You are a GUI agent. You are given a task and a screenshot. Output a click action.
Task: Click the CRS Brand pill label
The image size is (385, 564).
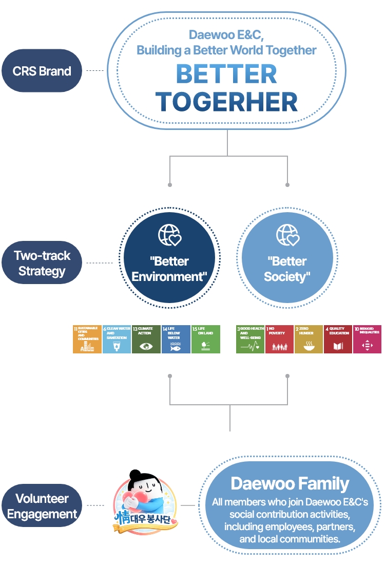pyautogui.click(x=42, y=71)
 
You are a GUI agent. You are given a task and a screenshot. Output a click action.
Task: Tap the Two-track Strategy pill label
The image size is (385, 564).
pyautogui.click(x=42, y=263)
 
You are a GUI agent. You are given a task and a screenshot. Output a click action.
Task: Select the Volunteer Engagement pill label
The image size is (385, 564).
pyautogui.click(x=42, y=506)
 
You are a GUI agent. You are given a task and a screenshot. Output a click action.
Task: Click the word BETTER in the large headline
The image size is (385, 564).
pyautogui.click(x=226, y=75)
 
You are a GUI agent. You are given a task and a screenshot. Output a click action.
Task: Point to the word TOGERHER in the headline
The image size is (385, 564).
pyautogui.click(x=226, y=102)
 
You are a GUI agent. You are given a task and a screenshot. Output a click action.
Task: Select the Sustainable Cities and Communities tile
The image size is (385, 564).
pyautogui.click(x=87, y=339)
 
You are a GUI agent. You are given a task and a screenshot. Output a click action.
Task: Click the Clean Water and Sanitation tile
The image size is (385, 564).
pyautogui.click(x=117, y=339)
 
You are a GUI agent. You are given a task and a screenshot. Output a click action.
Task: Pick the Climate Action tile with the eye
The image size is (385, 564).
pyautogui.click(x=146, y=339)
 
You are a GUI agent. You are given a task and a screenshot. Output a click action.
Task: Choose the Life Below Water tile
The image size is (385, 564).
pyautogui.click(x=176, y=339)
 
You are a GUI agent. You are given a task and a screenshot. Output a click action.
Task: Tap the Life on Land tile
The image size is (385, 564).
pyautogui.click(x=205, y=339)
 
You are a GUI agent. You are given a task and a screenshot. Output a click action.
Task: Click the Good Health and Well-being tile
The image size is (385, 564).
pyautogui.click(x=250, y=339)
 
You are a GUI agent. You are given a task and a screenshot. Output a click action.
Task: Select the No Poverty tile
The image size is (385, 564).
pyautogui.click(x=279, y=339)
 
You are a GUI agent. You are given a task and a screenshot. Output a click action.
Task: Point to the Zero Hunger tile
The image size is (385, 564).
pyautogui.click(x=309, y=339)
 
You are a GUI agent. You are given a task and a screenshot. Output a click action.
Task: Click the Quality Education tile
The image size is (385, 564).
pyautogui.click(x=338, y=339)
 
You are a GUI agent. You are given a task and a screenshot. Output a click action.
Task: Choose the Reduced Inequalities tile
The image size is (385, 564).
pyautogui.click(x=367, y=339)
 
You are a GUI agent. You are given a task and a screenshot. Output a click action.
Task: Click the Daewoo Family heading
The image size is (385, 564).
pyautogui.click(x=290, y=483)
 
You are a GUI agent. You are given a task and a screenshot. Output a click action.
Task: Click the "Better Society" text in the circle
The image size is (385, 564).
pyautogui.click(x=287, y=269)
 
